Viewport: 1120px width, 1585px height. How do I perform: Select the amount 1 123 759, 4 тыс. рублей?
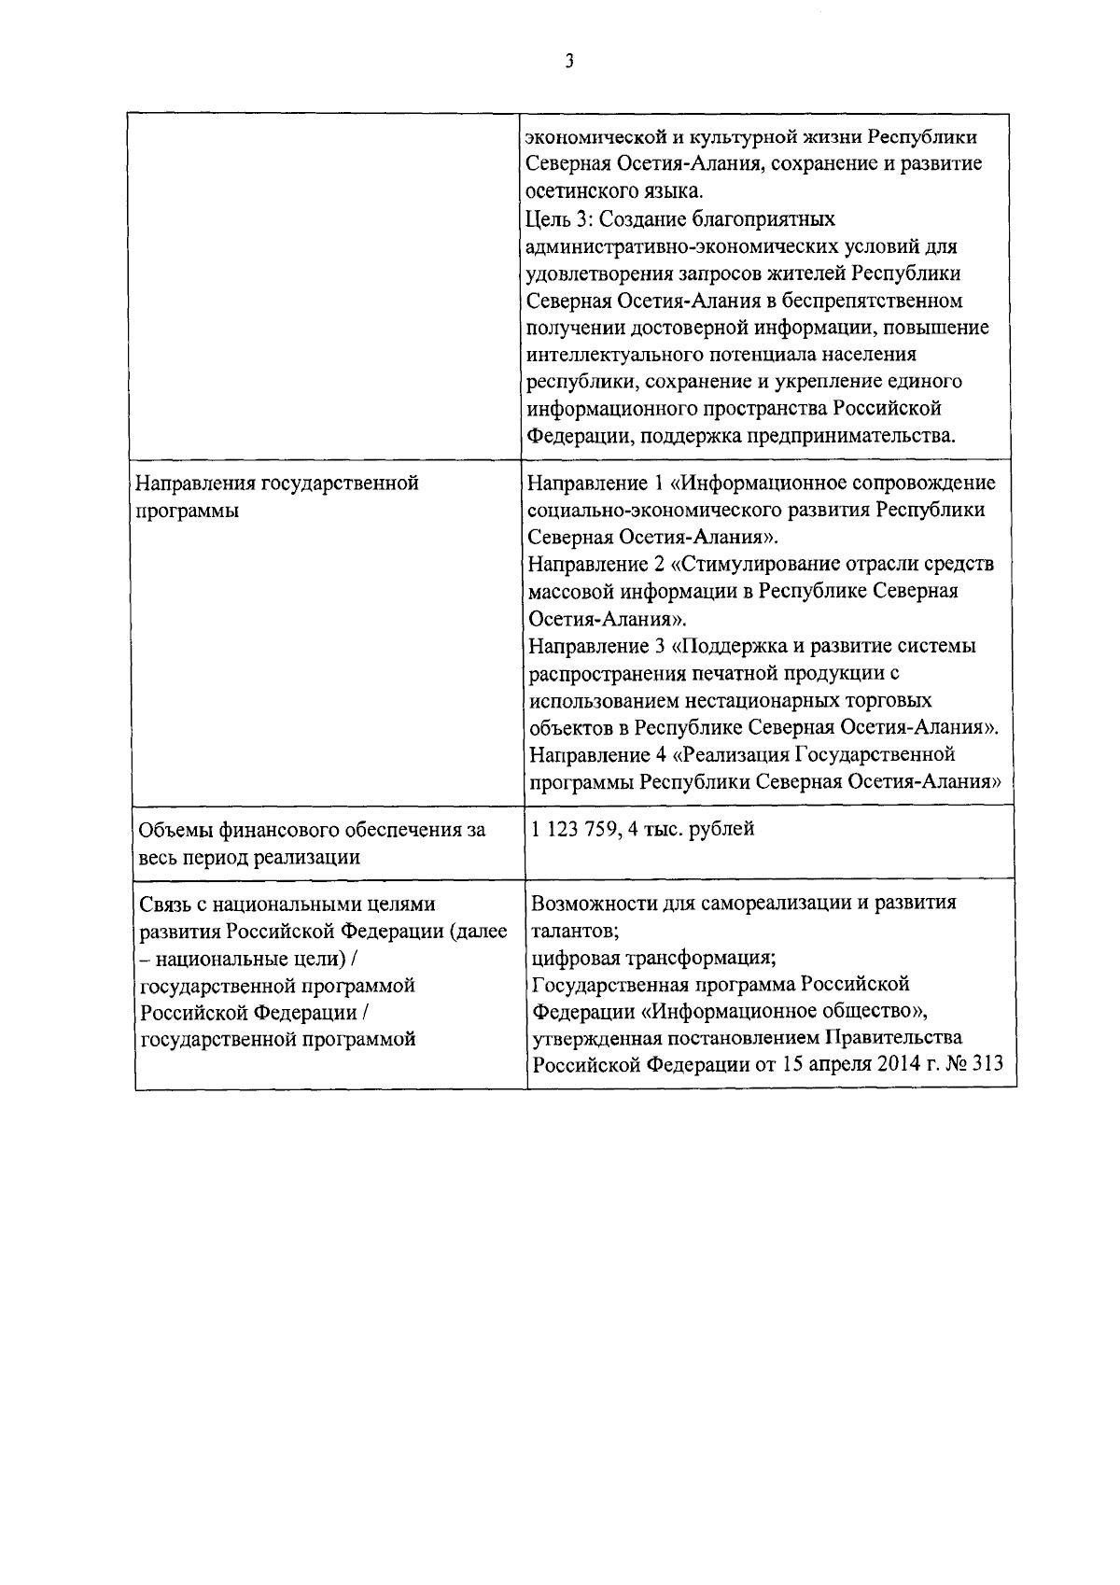tap(642, 829)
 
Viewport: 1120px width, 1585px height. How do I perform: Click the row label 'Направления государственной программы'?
tap(277, 497)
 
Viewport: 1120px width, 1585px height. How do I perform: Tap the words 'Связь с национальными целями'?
tap(287, 904)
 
